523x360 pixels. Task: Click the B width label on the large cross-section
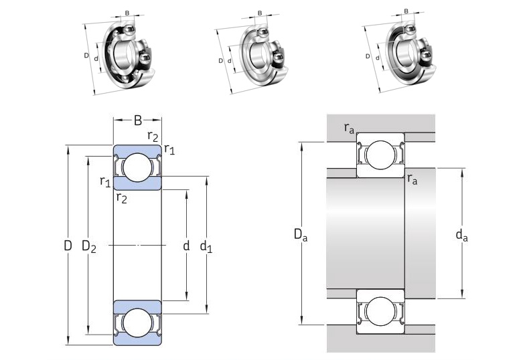coord(137,121)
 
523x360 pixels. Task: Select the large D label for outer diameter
coord(68,246)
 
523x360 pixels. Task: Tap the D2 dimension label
coord(88,247)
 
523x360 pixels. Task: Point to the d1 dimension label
coord(206,247)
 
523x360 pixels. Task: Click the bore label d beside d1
coord(186,246)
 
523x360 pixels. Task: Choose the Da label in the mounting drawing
coord(301,234)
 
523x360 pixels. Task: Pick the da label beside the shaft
coord(461,234)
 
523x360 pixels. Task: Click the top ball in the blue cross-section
coord(138,167)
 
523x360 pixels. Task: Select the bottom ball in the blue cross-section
coord(138,323)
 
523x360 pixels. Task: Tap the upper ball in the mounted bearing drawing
coord(380,155)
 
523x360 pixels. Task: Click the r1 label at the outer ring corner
coord(169,151)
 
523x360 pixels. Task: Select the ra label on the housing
coord(349,128)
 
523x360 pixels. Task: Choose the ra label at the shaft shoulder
coord(413,179)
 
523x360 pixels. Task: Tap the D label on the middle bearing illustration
coord(221,61)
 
